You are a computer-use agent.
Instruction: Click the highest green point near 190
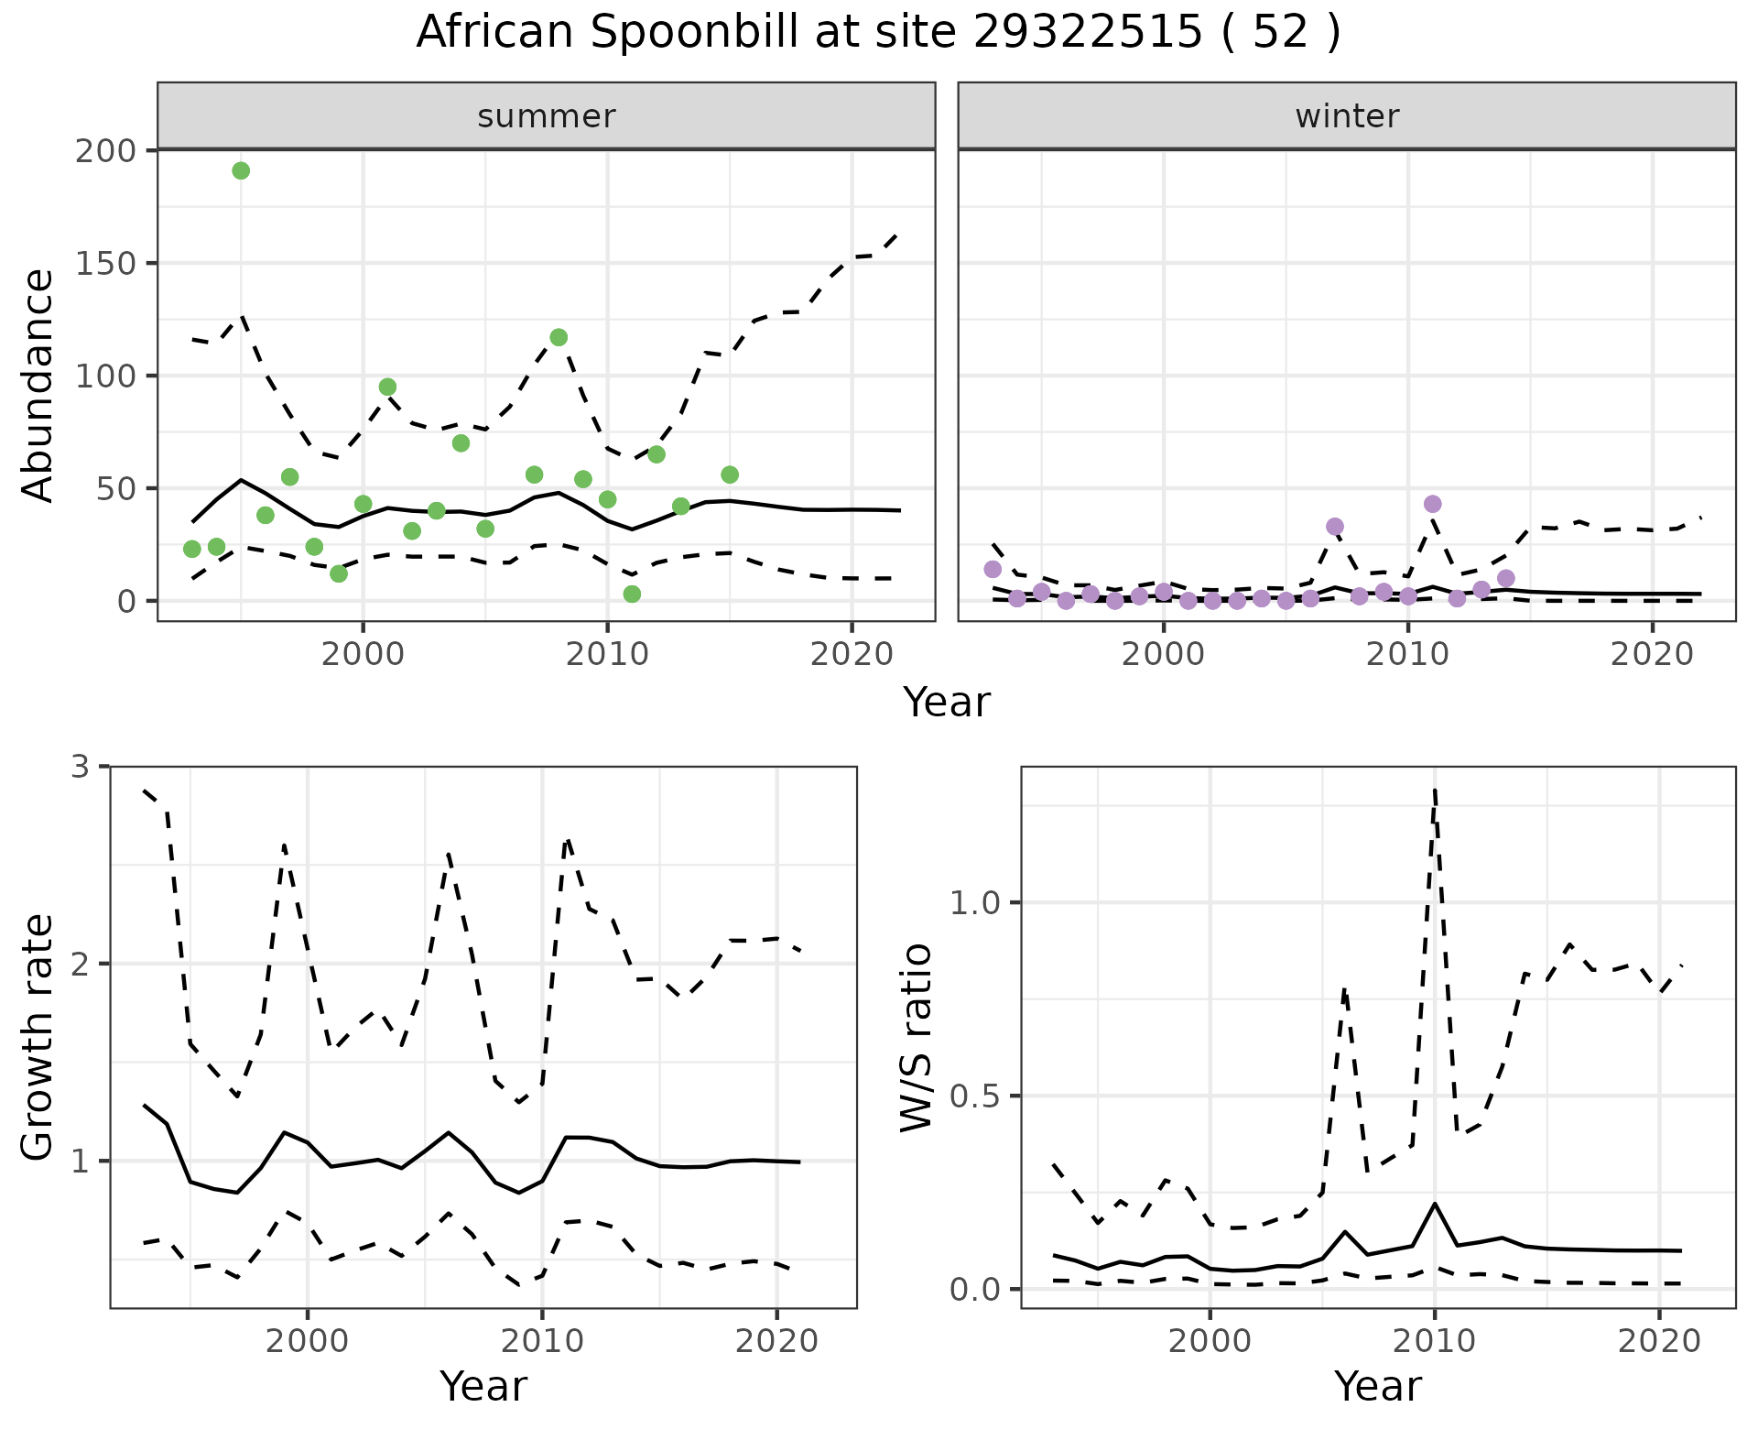click(x=241, y=171)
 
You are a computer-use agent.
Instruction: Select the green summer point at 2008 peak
click(x=559, y=337)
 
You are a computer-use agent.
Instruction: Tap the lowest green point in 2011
click(x=632, y=595)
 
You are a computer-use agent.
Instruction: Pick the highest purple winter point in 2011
click(x=1433, y=504)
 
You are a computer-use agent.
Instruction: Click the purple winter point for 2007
click(x=1335, y=527)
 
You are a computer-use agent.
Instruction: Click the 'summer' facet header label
click(x=547, y=116)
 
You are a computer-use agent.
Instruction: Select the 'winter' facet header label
click(x=1347, y=116)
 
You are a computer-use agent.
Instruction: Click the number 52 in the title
click(x=1280, y=33)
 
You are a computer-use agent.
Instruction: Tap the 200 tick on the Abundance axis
click(x=105, y=150)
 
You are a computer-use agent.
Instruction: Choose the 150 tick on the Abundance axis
click(x=105, y=263)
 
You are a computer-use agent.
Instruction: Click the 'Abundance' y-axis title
click(x=38, y=385)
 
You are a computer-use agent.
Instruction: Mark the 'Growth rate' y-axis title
click(x=38, y=1038)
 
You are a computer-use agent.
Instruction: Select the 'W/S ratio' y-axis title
click(x=916, y=1038)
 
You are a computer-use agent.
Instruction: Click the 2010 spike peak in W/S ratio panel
click(x=1434, y=790)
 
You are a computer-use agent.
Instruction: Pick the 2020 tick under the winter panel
click(x=1653, y=654)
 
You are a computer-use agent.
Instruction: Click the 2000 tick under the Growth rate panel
click(x=308, y=1341)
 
